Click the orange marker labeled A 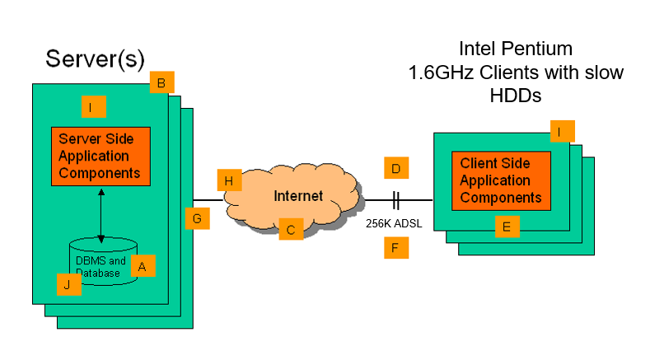click(143, 266)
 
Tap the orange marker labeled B click(161, 82)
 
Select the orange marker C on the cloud click(290, 228)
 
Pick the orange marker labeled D click(396, 169)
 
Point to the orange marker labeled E click(507, 226)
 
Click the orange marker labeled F click(396, 247)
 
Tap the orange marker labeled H click(229, 180)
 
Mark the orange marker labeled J click(68, 284)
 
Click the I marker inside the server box click(94, 107)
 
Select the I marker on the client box click(562, 132)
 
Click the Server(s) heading click(95, 58)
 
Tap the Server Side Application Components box click(101, 157)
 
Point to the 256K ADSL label click(394, 222)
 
